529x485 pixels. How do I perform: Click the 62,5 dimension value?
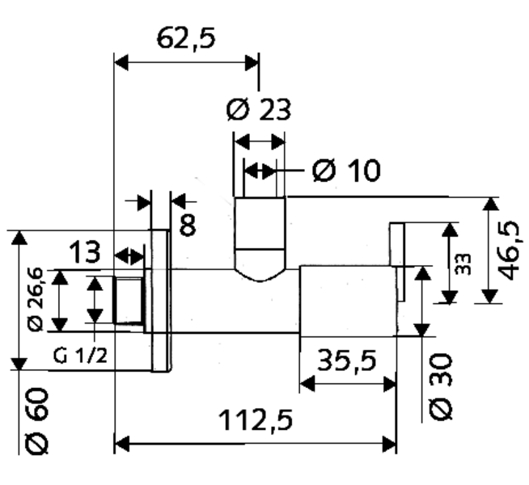click(x=186, y=38)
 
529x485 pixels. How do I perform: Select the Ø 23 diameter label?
click(x=258, y=109)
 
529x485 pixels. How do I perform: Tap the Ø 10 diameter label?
click(x=345, y=171)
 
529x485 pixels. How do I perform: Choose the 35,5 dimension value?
click(x=347, y=360)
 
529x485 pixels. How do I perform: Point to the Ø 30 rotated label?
click(x=441, y=386)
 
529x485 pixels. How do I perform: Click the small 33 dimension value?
click(x=463, y=264)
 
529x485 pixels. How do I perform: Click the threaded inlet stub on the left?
click(x=129, y=302)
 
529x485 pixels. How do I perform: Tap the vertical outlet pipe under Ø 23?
click(x=260, y=234)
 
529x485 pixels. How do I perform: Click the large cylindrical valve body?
click(x=348, y=301)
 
